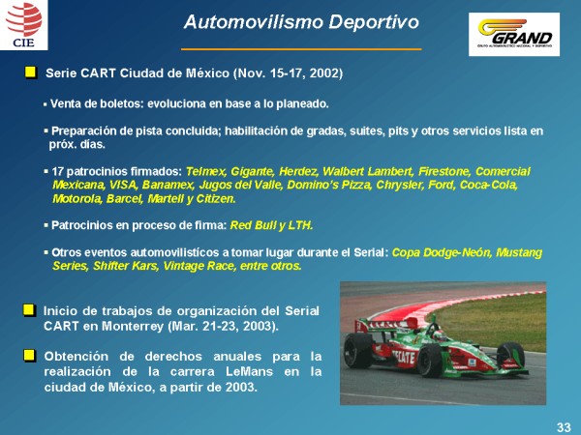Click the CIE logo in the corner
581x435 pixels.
coord(23,25)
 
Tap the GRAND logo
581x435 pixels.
coord(514,35)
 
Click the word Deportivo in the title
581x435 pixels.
coord(374,22)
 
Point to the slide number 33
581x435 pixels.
coord(564,427)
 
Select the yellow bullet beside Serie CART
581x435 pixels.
coord(31,72)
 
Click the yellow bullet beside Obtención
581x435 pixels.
coord(29,356)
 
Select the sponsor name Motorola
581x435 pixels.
coord(77,198)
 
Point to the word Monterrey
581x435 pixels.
coord(133,327)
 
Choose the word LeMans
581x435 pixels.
coord(249,371)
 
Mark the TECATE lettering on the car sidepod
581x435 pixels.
coord(404,358)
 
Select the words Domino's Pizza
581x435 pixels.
coord(329,185)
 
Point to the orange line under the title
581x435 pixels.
coord(301,49)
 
